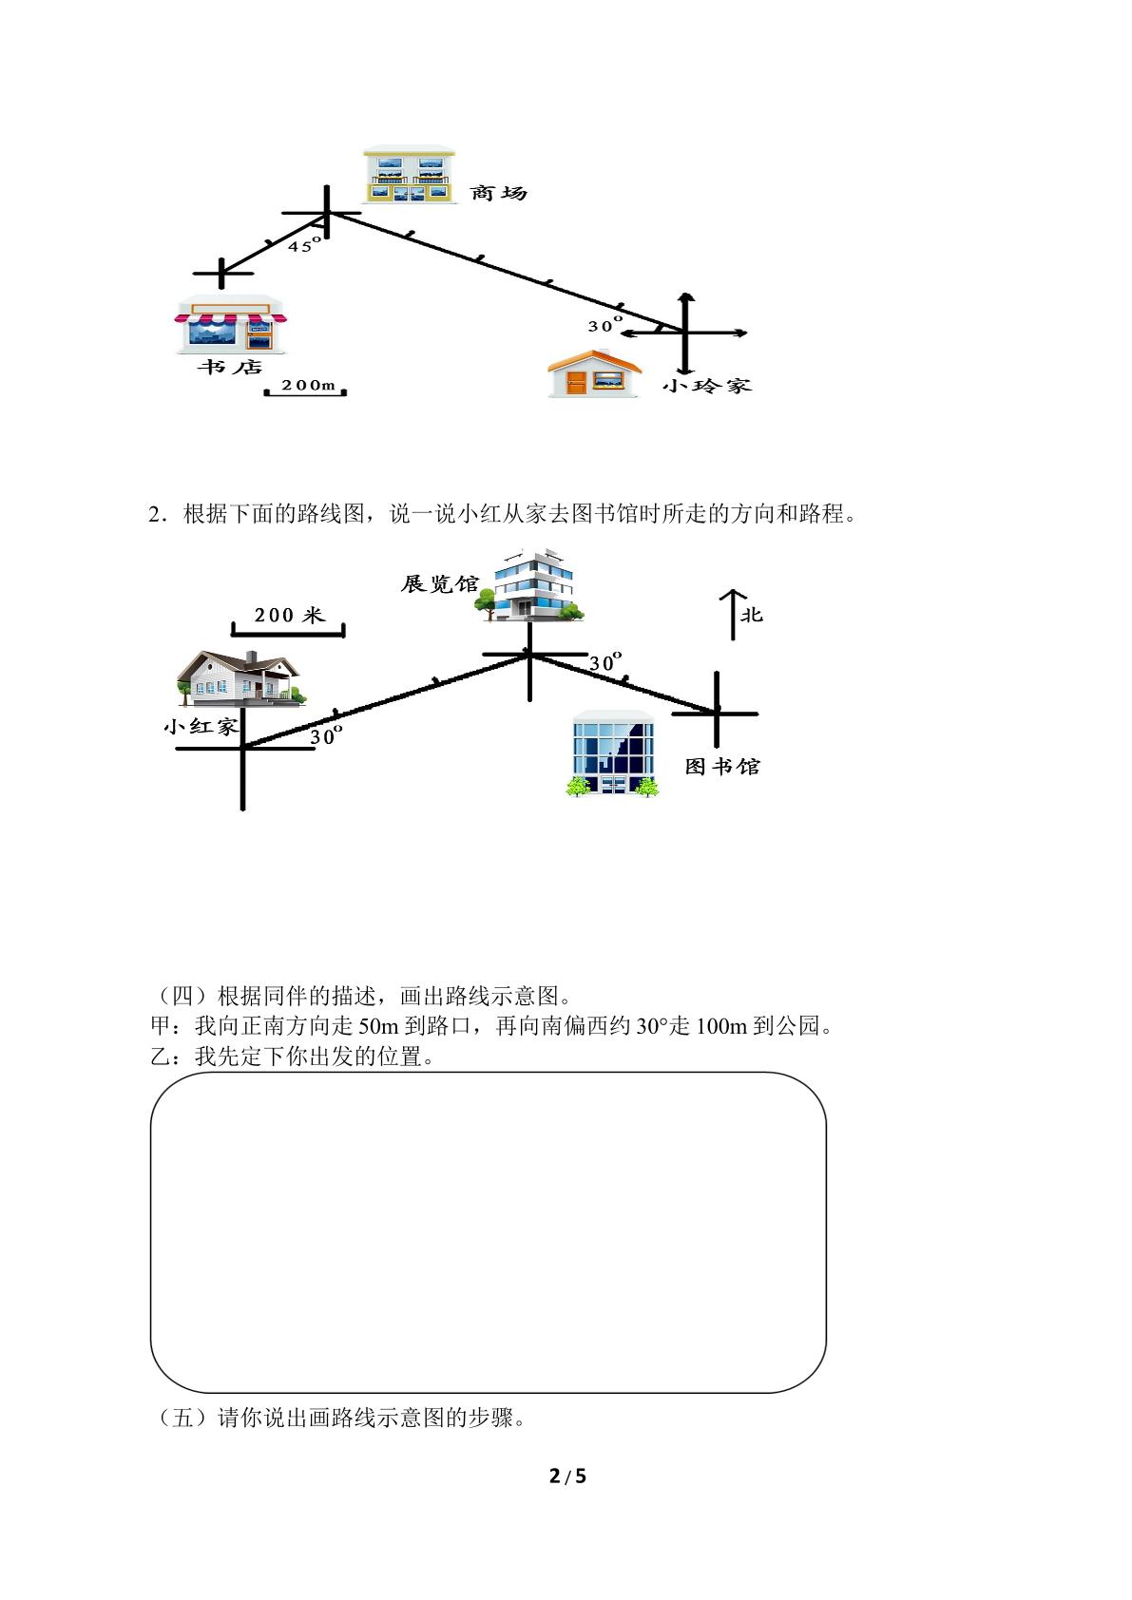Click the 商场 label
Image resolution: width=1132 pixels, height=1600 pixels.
498,193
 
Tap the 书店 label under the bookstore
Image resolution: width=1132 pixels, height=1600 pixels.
230,367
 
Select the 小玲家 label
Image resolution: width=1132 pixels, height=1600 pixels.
707,386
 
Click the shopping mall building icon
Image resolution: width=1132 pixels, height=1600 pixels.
410,175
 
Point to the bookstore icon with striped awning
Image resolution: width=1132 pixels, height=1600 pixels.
231,324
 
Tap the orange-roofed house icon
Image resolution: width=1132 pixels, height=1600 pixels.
594,372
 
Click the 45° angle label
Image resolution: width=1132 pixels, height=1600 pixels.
304,245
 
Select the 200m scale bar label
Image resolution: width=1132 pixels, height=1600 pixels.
308,385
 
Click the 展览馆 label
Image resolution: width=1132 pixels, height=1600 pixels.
439,583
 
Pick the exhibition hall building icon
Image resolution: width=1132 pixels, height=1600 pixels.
529,585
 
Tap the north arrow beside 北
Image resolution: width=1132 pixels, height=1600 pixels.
733,615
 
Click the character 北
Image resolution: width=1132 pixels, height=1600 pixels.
752,615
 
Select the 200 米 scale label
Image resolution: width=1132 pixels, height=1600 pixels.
290,615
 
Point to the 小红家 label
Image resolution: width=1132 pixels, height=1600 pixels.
201,727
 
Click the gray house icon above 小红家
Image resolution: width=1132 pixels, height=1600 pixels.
241,677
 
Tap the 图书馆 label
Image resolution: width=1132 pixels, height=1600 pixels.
722,767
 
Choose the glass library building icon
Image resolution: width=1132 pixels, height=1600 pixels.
613,753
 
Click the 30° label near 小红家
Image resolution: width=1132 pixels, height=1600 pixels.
327,735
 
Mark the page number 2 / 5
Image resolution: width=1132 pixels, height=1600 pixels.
567,1476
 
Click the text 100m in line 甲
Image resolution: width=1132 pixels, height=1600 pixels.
721,1026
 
